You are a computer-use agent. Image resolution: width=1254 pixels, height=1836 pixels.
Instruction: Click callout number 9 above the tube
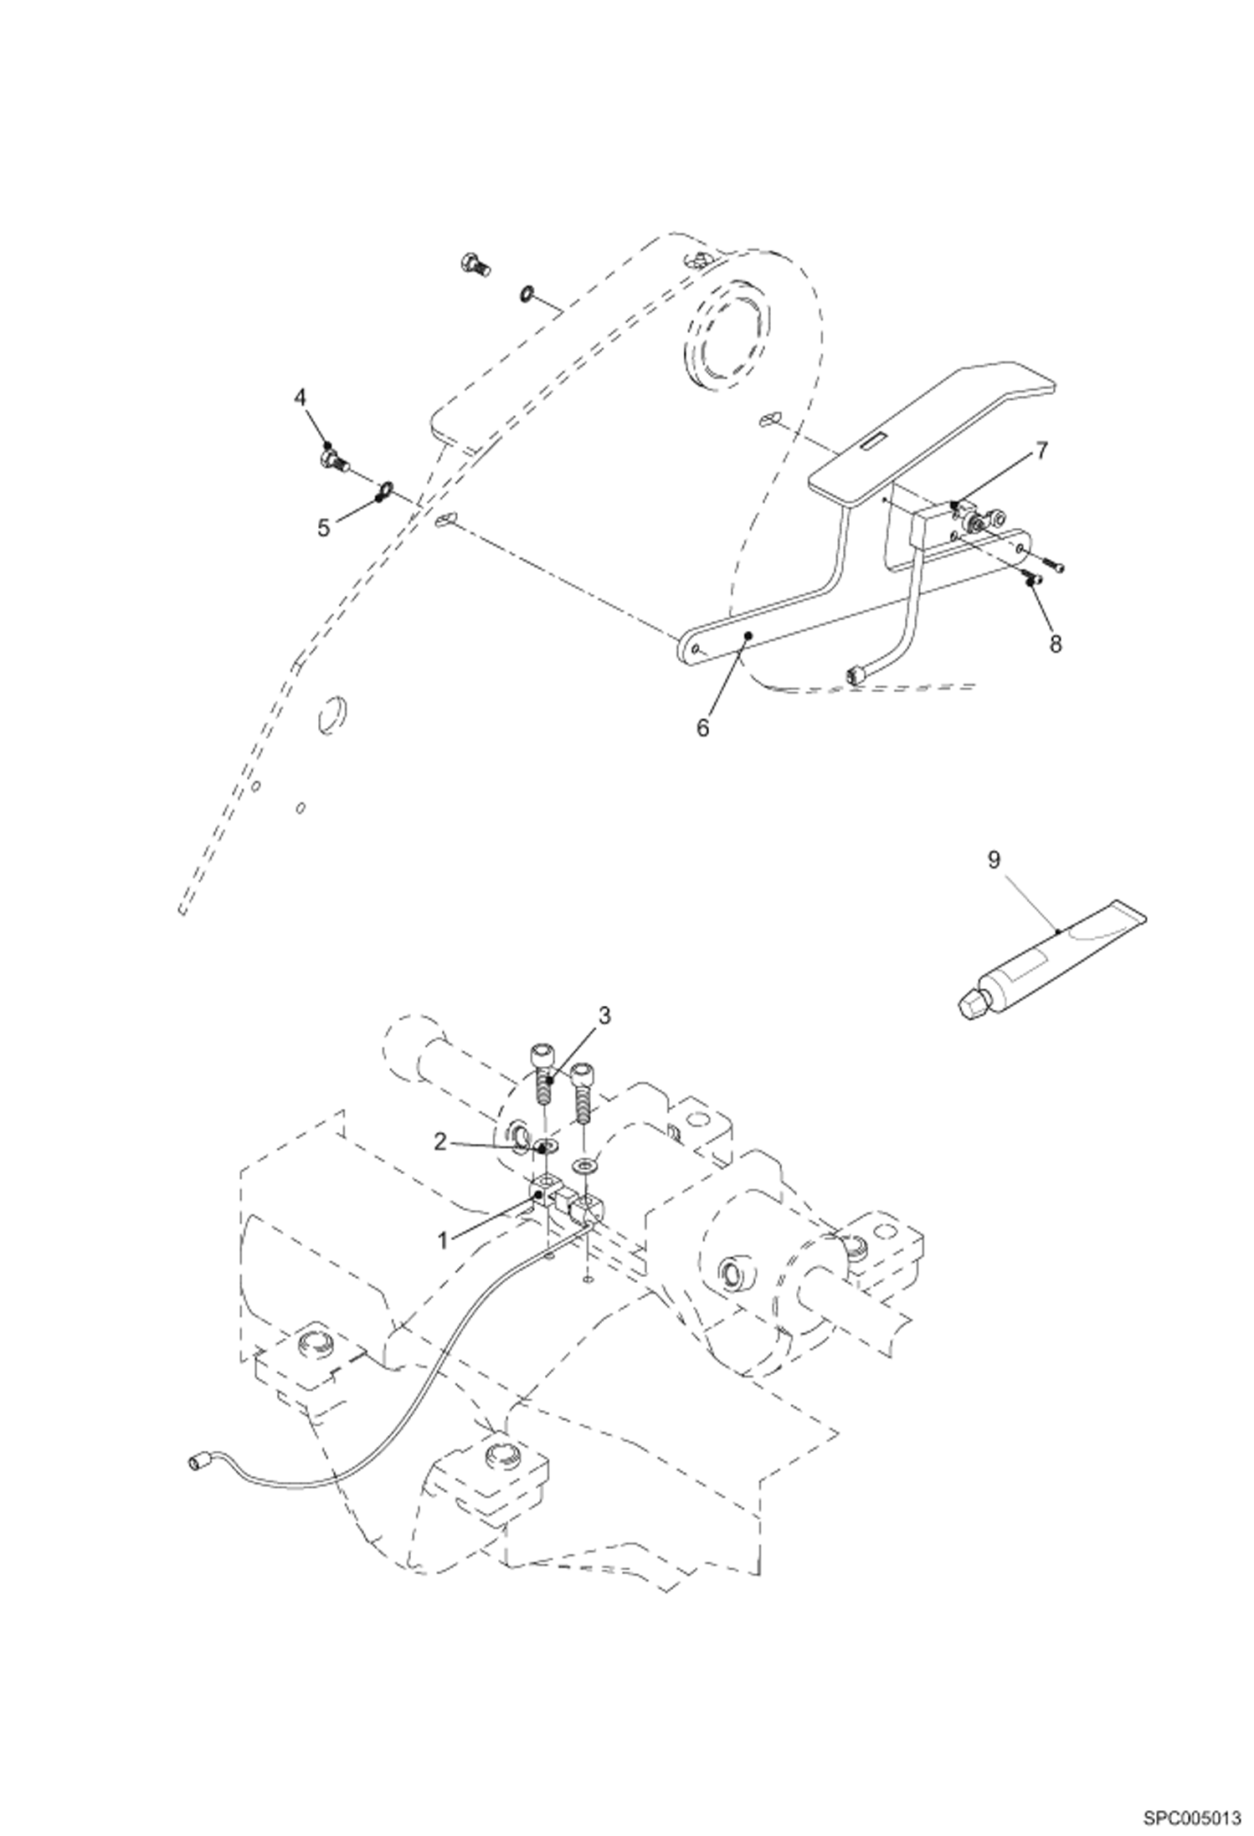(x=994, y=860)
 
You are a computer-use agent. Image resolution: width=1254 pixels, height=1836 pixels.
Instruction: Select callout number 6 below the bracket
(x=702, y=727)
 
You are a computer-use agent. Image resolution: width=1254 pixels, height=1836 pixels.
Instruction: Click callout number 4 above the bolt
(x=301, y=397)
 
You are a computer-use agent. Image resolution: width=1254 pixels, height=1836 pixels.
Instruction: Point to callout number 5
(x=324, y=527)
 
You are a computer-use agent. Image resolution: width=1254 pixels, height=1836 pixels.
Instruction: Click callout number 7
(x=1041, y=452)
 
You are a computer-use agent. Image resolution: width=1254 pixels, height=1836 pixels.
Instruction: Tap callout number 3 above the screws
(x=604, y=1015)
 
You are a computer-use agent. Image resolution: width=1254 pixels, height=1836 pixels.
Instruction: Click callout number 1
(x=444, y=1239)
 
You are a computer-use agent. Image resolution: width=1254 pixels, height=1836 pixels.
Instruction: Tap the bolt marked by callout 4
(x=334, y=459)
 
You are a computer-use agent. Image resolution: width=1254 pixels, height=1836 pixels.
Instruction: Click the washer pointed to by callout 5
(x=385, y=488)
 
